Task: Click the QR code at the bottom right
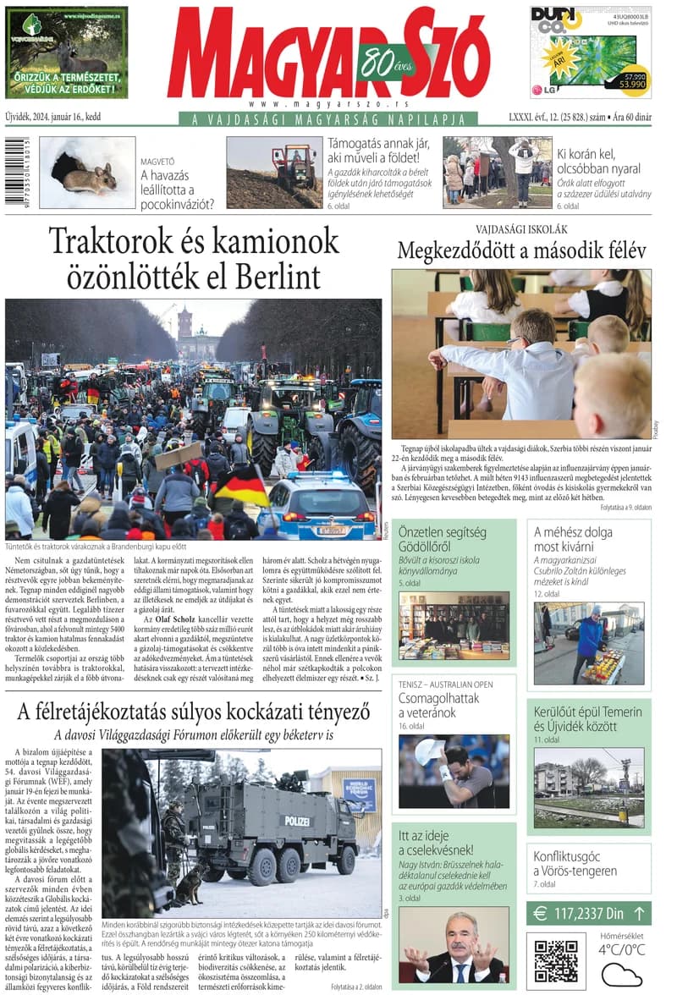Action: coord(555,959)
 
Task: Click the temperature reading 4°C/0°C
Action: coord(621,950)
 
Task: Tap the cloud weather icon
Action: coord(621,975)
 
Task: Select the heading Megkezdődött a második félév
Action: coord(521,250)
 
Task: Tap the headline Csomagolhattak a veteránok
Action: coord(439,705)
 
